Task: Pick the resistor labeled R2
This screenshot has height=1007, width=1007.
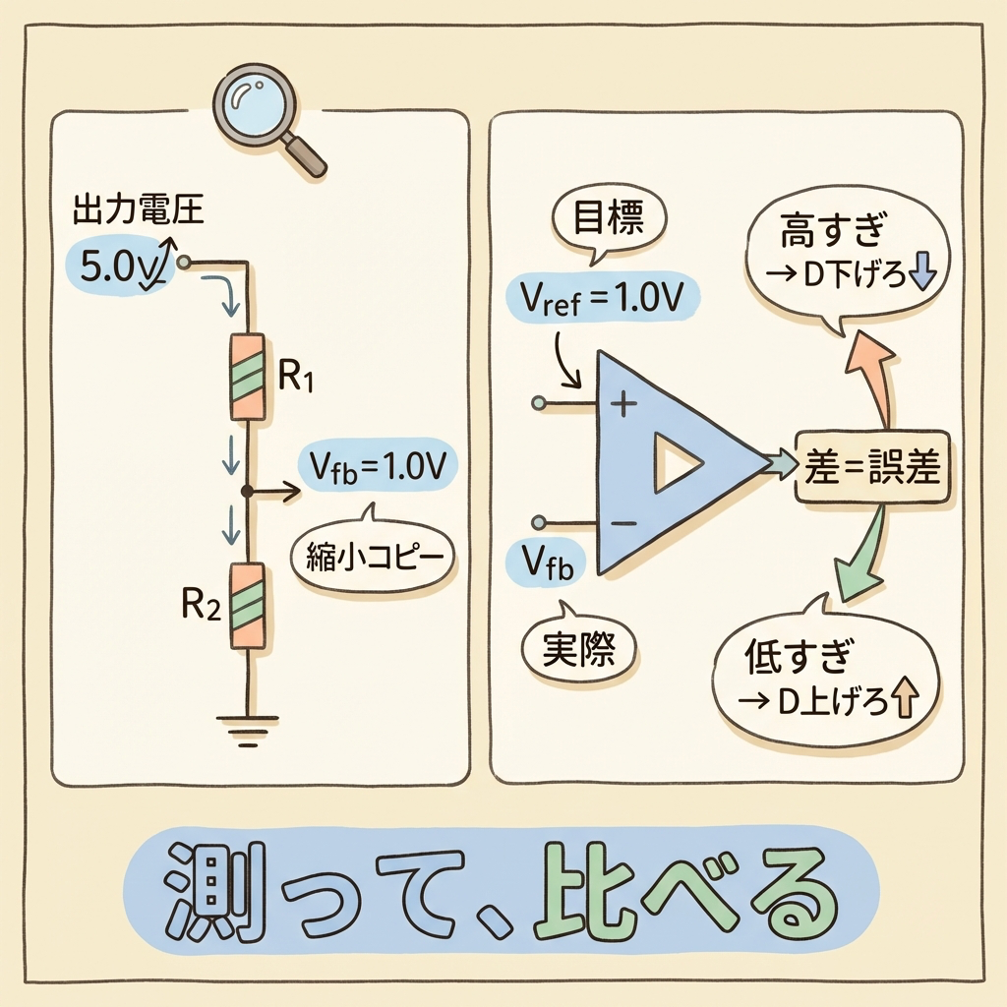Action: (x=247, y=606)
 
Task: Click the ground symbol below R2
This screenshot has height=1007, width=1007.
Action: (x=247, y=728)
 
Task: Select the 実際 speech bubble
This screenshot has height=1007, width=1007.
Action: (x=577, y=647)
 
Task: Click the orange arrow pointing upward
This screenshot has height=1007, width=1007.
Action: (x=869, y=374)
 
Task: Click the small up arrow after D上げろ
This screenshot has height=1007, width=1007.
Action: (x=904, y=702)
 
